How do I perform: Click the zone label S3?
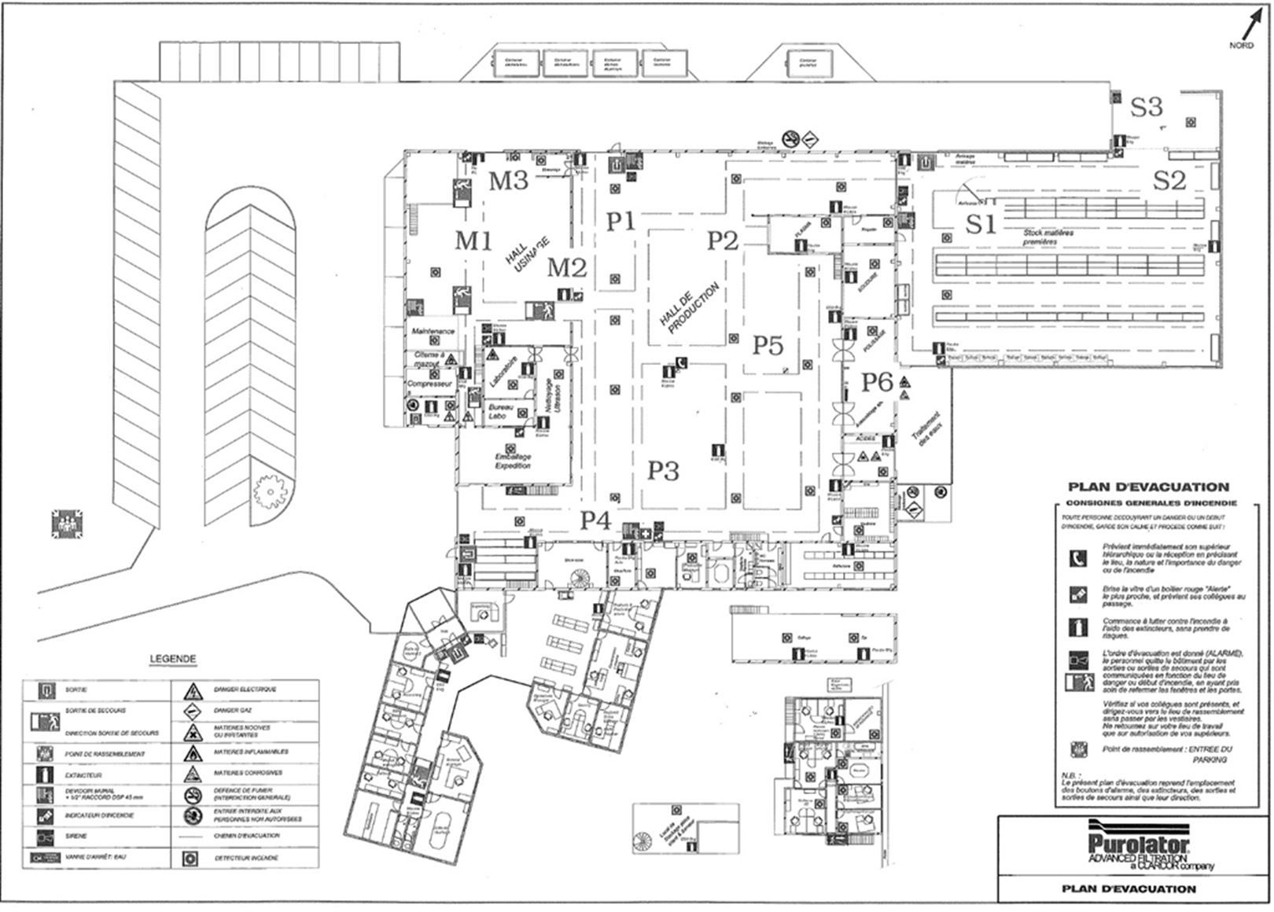pyautogui.click(x=1146, y=107)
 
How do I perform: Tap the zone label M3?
pyautogui.click(x=508, y=181)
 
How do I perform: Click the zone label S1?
pyautogui.click(x=980, y=225)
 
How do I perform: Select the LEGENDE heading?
pyautogui.click(x=172, y=659)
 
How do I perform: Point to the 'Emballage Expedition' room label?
pyautogui.click(x=513, y=462)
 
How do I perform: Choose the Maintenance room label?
pyautogui.click(x=433, y=333)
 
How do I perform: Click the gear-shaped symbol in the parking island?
pyautogui.click(x=269, y=491)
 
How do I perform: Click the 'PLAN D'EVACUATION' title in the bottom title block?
pyautogui.click(x=1129, y=888)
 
